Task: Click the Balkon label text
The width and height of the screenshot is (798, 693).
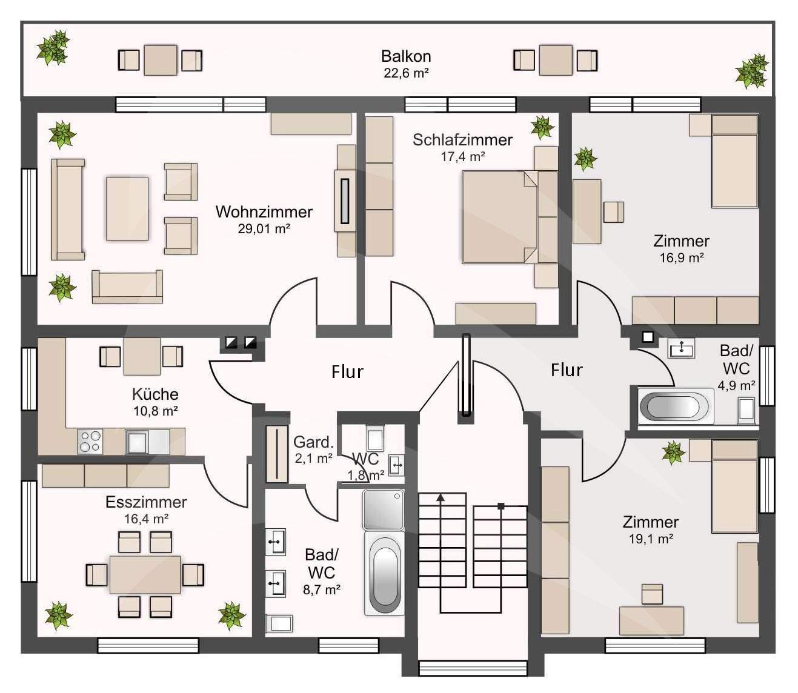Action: coord(406,56)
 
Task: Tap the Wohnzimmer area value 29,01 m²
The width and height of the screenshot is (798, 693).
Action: coord(264,228)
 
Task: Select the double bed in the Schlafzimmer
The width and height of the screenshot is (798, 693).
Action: coord(510,217)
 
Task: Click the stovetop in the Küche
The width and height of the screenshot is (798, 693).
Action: coord(90,441)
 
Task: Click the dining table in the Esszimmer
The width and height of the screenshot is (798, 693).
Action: coord(145,574)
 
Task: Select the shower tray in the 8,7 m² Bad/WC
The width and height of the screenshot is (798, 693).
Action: coord(384,509)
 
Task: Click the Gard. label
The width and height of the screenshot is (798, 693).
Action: coord(314,442)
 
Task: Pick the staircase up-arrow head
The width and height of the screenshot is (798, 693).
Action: coord(441,497)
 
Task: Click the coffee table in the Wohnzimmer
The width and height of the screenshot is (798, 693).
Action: coord(127,208)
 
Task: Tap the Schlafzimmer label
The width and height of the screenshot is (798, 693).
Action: coord(462,140)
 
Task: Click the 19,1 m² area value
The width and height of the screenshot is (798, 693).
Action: coord(651,539)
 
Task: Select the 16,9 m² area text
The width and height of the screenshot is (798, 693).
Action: coord(682,258)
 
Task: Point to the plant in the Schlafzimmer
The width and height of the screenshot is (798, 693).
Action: coord(542,127)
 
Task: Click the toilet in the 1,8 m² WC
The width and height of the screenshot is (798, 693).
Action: coord(375,437)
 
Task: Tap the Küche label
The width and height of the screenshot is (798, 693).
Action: coord(155,394)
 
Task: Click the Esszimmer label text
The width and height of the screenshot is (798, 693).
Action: coord(146,502)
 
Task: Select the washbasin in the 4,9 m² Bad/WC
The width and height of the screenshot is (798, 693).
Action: coord(682,348)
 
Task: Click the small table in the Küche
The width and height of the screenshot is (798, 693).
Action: coord(142,356)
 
